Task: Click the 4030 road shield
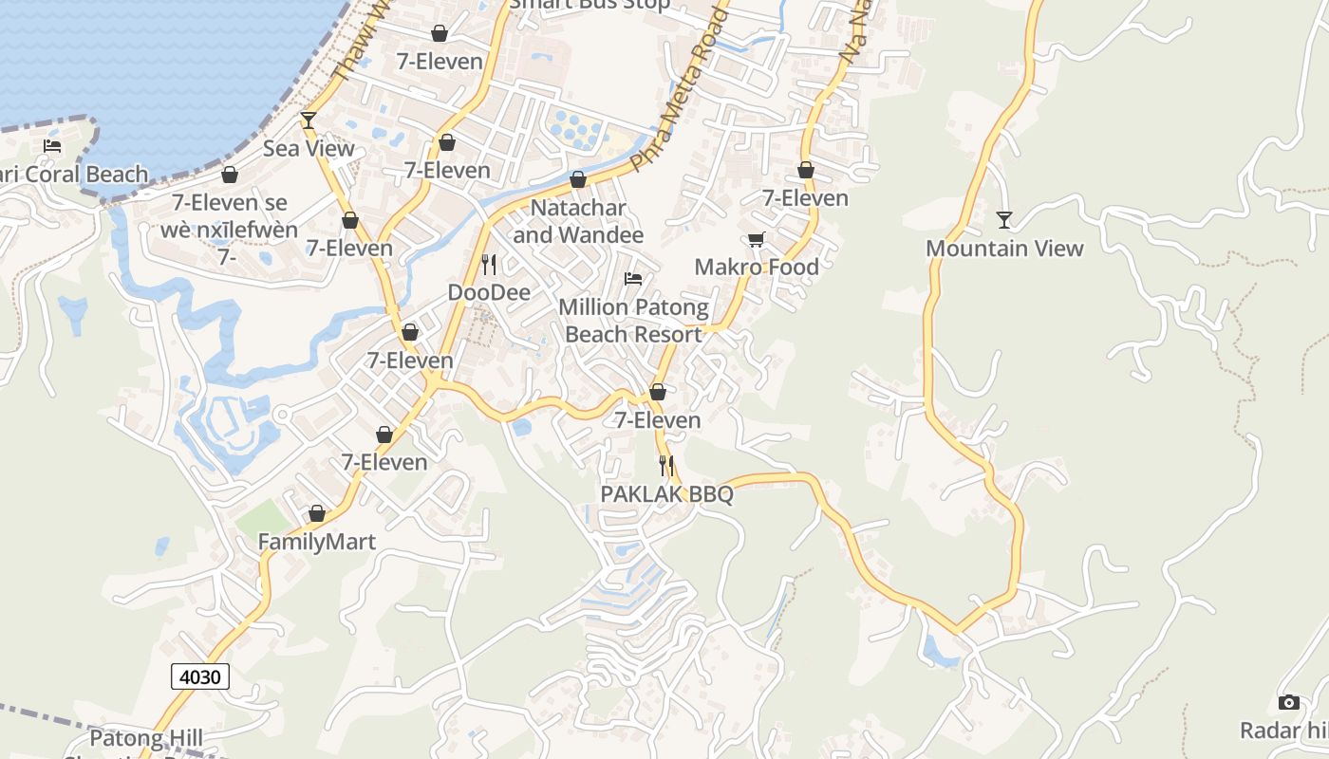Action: pos(200,676)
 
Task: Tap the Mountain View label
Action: pos(1004,249)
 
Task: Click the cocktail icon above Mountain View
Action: pos(1004,220)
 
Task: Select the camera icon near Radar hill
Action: pos(1288,702)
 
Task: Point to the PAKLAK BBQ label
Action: pos(667,494)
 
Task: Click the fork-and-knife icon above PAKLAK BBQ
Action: pos(666,466)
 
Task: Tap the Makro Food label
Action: pos(757,267)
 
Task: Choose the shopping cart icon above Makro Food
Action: pos(757,239)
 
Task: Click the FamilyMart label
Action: pos(317,542)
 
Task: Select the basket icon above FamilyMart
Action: pos(317,513)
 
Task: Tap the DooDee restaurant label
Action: pos(489,292)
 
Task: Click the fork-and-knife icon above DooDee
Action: pos(489,264)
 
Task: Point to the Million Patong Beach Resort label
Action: pos(633,321)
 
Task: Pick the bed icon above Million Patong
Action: pos(633,279)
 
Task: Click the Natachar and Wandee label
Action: pos(578,221)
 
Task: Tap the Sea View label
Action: pos(309,148)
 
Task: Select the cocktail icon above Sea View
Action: pos(309,120)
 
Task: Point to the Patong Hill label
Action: pos(146,737)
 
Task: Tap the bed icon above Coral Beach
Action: pos(52,146)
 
